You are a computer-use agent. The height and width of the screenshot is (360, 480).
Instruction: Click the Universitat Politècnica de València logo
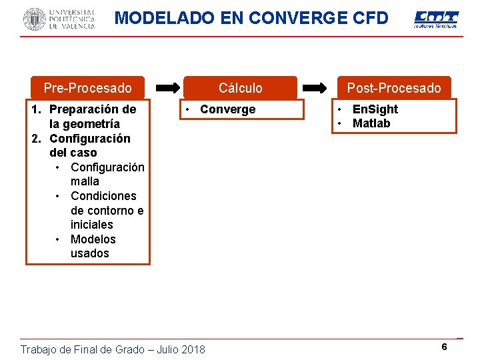pyautogui.click(x=59, y=19)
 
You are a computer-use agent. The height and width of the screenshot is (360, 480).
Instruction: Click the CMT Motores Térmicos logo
pyautogui.click(x=436, y=19)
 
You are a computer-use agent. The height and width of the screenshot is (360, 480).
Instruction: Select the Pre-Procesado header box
pyautogui.click(x=87, y=88)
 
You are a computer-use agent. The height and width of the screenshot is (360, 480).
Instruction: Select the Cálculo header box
pyautogui.click(x=240, y=88)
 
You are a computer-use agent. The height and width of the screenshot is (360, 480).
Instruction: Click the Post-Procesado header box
pyautogui.click(x=393, y=88)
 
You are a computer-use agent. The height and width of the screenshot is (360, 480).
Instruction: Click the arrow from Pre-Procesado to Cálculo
pyautogui.click(x=168, y=87)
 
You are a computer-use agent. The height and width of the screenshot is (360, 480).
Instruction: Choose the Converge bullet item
pyautogui.click(x=227, y=109)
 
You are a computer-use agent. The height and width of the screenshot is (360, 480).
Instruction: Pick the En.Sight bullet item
pyautogui.click(x=375, y=109)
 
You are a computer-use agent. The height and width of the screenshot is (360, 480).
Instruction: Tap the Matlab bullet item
pyautogui.click(x=371, y=123)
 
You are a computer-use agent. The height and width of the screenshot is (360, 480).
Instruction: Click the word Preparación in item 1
pyautogui.click(x=87, y=109)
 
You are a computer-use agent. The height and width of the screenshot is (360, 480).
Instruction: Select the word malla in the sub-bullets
pyautogui.click(x=85, y=181)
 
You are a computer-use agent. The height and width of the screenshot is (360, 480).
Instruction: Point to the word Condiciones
pyautogui.click(x=103, y=196)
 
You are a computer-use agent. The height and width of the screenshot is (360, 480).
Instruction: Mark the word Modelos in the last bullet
pyautogui.click(x=93, y=239)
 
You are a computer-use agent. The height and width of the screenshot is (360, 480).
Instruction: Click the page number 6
pyautogui.click(x=444, y=347)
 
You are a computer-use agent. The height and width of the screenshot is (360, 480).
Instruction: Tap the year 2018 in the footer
pyautogui.click(x=192, y=349)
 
